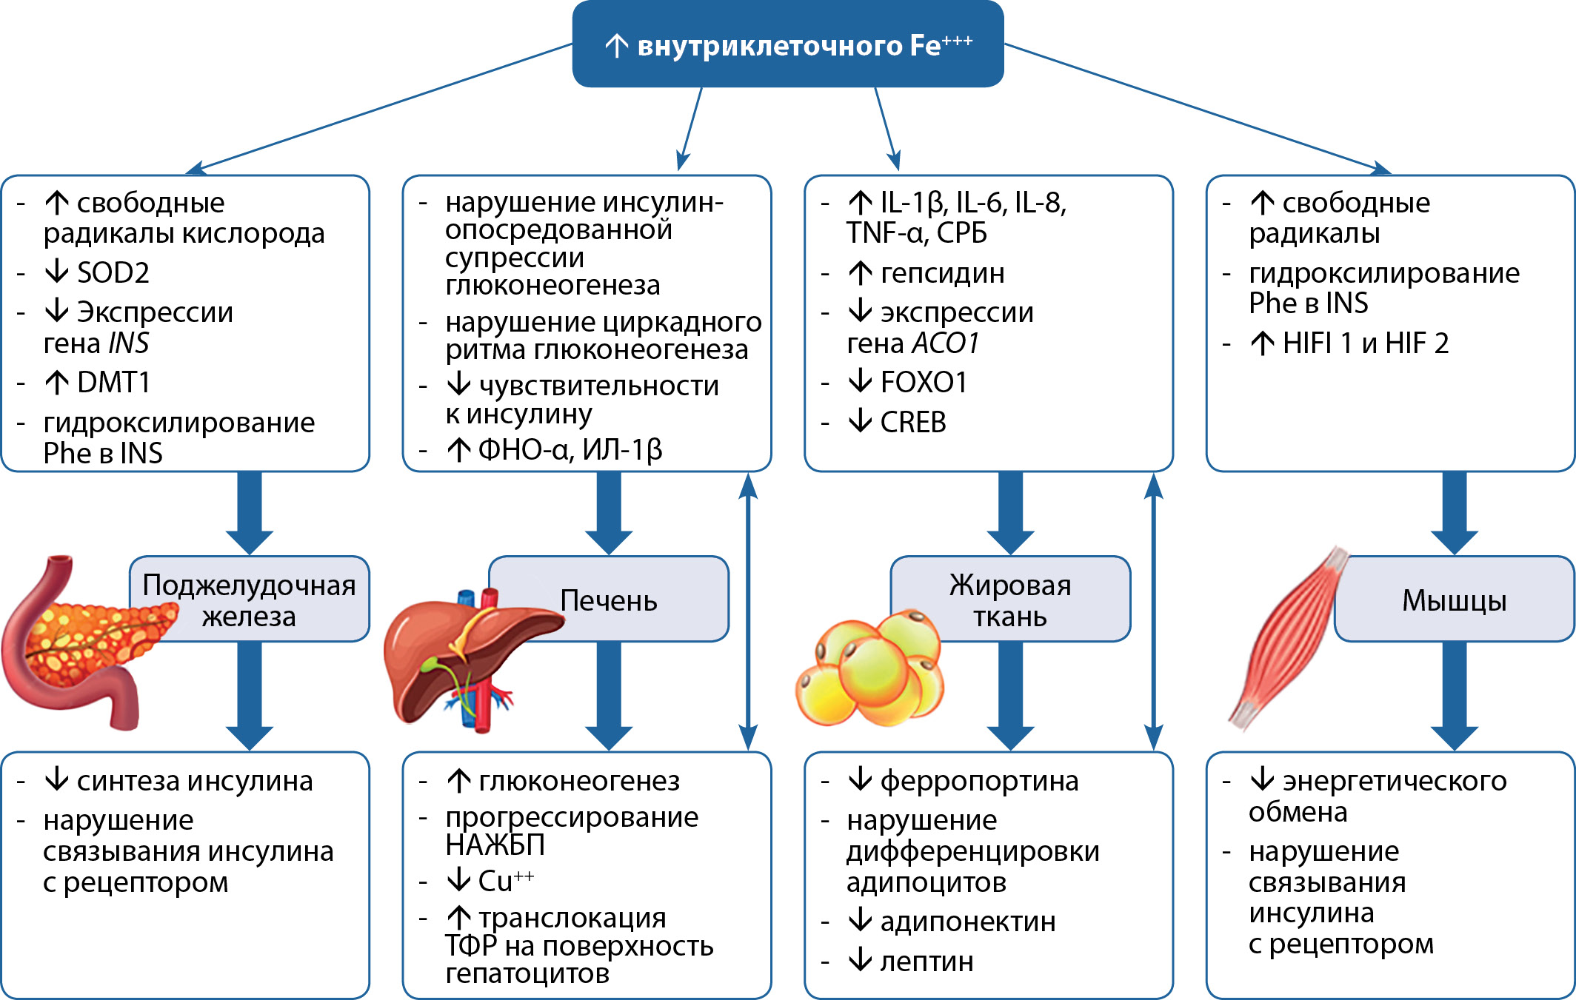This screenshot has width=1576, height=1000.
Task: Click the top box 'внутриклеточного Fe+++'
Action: [788, 44]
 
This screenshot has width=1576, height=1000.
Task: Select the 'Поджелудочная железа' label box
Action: [249, 600]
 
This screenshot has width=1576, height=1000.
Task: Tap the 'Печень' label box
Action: [609, 600]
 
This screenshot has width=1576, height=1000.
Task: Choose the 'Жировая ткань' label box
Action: [1010, 600]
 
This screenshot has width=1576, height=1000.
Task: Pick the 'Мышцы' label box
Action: [1455, 600]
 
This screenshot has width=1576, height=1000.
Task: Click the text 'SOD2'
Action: [113, 273]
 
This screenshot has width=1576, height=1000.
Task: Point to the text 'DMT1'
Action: [113, 383]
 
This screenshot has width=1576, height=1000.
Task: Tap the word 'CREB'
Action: [912, 423]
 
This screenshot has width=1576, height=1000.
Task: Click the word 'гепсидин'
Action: [942, 274]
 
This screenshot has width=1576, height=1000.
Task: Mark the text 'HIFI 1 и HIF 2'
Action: [1365, 343]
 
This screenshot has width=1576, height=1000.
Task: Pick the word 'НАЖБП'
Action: [495, 845]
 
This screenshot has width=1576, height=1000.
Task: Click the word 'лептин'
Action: [926, 962]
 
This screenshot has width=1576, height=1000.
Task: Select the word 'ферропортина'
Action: [979, 781]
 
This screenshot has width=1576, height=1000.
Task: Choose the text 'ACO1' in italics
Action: [946, 343]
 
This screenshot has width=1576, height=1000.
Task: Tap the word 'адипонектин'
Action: [967, 922]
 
